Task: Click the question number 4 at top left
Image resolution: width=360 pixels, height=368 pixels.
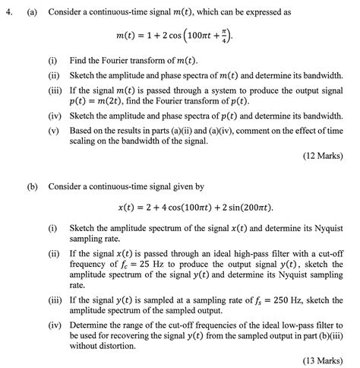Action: pos(7,13)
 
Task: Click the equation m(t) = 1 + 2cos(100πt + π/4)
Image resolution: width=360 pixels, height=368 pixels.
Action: pos(181,36)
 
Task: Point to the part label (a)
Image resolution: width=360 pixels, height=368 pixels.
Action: pos(33,13)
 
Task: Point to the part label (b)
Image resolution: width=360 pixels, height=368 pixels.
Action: pos(33,185)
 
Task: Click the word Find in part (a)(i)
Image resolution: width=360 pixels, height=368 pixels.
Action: pos(78,60)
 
